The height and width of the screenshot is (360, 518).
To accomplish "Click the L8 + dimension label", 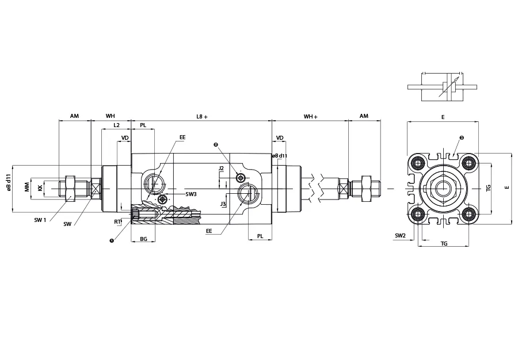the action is (202, 117).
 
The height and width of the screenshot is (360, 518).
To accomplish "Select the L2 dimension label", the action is (116, 125).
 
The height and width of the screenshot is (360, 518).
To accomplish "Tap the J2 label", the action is (221, 168).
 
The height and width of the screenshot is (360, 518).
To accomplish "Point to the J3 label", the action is (223, 204).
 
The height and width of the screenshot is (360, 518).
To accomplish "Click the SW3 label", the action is (191, 194).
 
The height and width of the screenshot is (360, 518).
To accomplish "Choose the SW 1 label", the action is (40, 220).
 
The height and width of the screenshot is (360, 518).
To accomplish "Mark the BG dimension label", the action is (143, 239).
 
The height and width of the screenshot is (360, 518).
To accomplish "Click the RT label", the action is (117, 222).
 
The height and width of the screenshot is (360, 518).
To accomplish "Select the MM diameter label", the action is (27, 187).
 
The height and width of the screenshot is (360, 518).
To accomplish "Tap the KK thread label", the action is (40, 188).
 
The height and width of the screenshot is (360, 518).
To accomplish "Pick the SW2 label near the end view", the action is (400, 236).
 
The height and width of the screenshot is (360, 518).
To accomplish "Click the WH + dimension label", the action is (311, 117).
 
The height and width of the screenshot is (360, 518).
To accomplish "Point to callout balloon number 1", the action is (112, 240).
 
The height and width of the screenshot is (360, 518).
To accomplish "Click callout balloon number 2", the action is (216, 144).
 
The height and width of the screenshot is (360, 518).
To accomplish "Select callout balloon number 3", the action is (462, 137).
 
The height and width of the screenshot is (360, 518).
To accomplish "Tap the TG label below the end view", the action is (444, 243).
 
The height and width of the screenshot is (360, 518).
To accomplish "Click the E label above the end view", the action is (443, 117).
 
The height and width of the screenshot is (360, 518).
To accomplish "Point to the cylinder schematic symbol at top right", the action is (442, 86).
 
